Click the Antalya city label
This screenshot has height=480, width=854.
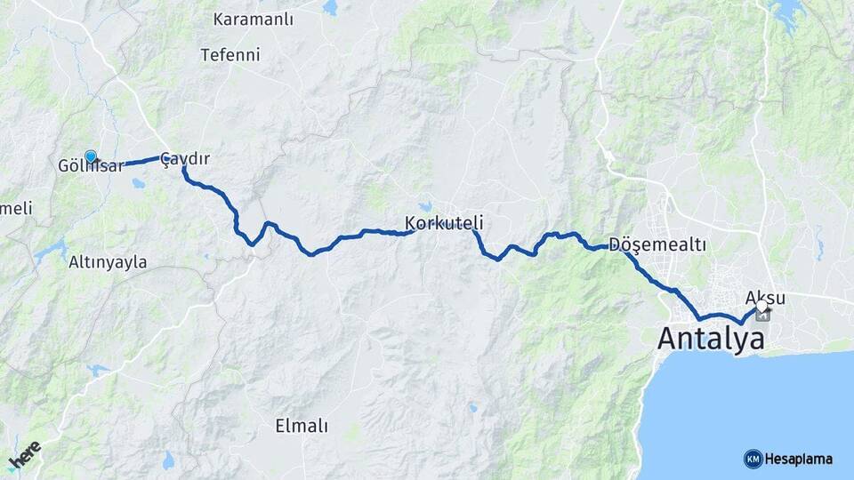(711, 339)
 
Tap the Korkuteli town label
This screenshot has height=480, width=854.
(444, 221)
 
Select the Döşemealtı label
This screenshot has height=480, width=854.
(657, 244)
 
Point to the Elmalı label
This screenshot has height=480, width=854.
(302, 426)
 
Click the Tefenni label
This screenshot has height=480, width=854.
(230, 54)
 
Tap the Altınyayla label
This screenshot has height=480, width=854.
(108, 262)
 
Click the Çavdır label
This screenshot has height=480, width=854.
(186, 158)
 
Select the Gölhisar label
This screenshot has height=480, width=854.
(91, 166)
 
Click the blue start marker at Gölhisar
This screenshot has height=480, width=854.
(90, 156)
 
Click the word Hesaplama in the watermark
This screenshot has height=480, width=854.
(798, 459)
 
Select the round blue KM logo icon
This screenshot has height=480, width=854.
(753, 459)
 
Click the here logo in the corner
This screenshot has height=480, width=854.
(24, 456)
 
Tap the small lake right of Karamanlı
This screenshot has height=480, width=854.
(331, 8)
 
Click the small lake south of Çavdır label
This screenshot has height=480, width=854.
(139, 185)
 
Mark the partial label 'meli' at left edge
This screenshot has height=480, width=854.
(17, 208)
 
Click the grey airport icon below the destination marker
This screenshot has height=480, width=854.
(762, 316)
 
